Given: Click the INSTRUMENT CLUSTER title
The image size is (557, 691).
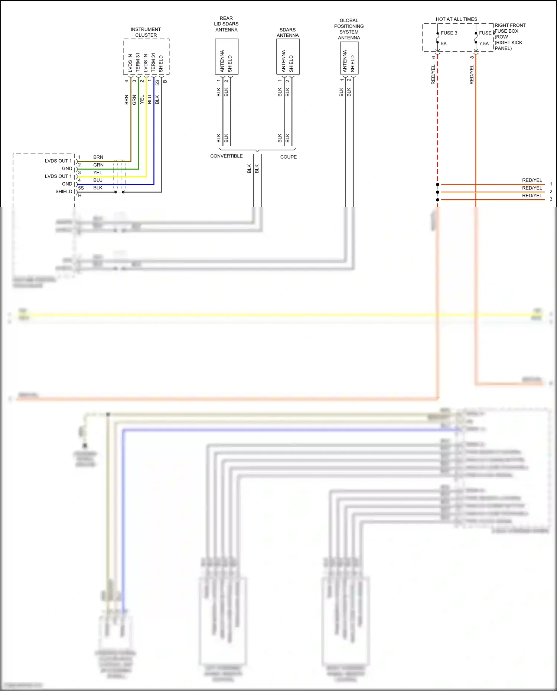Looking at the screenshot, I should tap(146, 32).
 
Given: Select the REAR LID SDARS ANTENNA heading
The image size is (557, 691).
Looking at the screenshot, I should tap(226, 24).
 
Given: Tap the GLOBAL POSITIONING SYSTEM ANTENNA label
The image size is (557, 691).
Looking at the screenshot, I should tap(349, 29).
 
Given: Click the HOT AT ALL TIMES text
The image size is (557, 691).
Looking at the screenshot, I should tap(456, 19).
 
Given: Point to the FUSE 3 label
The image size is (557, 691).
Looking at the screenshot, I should tap(449, 33).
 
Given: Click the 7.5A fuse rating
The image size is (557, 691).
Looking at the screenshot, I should tap(484, 44).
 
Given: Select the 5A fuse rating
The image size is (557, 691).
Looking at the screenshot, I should tap(444, 44).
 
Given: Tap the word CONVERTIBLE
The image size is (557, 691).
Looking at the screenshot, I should tap(227, 156).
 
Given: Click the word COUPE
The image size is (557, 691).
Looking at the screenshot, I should tap(289, 157).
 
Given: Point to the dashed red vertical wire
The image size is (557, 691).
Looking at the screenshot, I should tap(438, 123).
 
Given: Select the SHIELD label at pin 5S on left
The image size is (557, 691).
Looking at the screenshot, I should tap(64, 192).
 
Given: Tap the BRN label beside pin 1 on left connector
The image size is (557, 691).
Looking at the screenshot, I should tap(98, 157).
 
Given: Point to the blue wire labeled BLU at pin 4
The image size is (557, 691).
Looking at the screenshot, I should tap(111, 185).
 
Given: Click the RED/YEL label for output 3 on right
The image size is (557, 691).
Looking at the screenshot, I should tap(532, 196).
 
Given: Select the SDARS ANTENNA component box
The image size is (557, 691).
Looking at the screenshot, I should tap(288, 56).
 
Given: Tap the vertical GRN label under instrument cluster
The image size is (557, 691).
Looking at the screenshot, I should tap(134, 100).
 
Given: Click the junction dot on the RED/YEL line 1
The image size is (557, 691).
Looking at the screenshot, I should tap(438, 185).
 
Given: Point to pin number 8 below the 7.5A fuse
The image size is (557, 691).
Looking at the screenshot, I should tap(472, 57).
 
